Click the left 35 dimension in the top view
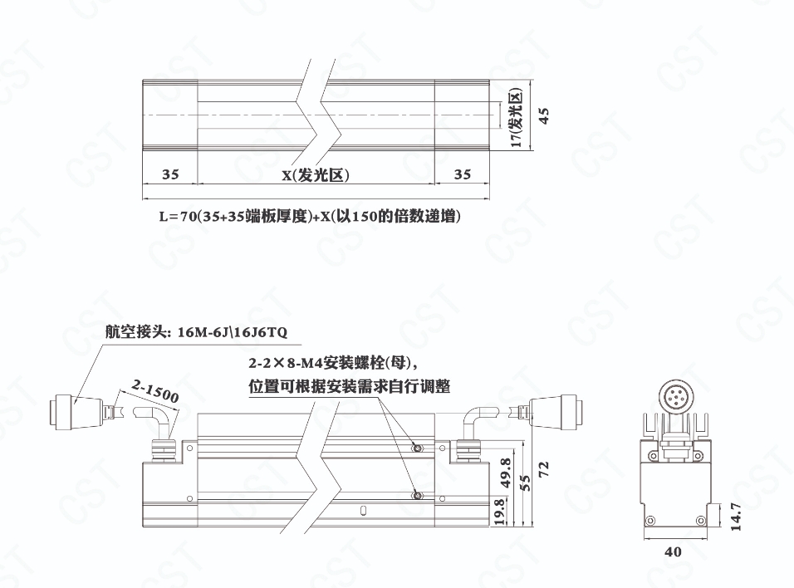(x=170, y=174)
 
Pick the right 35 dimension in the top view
(x=463, y=174)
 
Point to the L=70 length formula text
(x=310, y=218)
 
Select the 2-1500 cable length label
(x=154, y=390)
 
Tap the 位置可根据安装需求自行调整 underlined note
(x=349, y=386)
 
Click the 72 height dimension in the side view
(x=544, y=468)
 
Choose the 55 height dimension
(x=525, y=483)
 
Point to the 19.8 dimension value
(x=498, y=512)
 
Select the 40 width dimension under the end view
(x=673, y=551)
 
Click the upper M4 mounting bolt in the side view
(x=418, y=448)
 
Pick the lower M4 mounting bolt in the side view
(x=418, y=496)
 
